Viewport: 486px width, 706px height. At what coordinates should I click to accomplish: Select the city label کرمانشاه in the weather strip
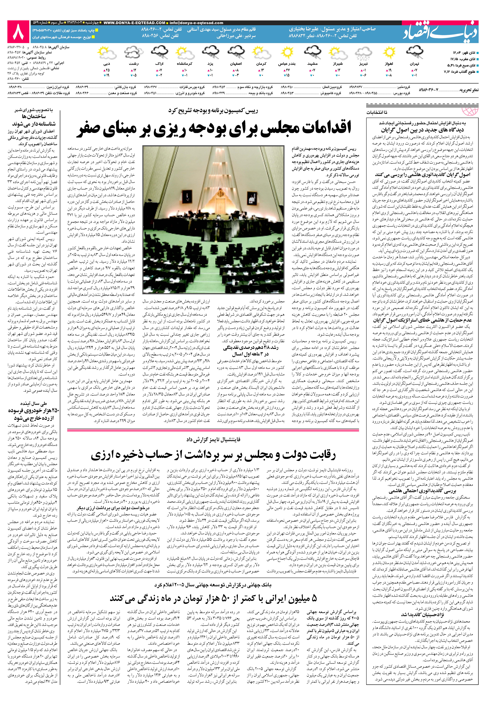pos(184,64)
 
